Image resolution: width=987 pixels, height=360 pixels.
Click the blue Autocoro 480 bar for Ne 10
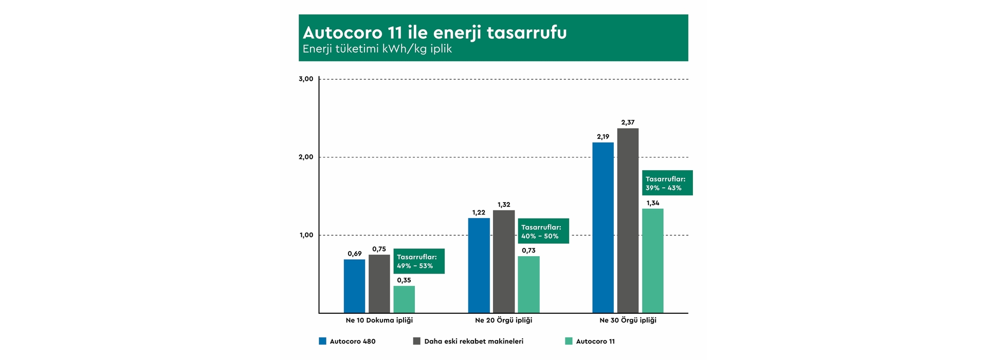tap(354, 286)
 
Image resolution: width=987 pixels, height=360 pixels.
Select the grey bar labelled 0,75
tap(379, 283)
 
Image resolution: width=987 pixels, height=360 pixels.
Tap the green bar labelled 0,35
tap(404, 299)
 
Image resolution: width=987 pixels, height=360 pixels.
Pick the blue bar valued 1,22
tap(479, 265)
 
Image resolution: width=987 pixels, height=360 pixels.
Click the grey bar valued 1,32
tap(504, 261)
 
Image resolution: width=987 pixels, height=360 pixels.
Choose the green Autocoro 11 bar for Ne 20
tap(528, 284)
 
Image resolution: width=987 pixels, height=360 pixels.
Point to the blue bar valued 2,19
tap(603, 227)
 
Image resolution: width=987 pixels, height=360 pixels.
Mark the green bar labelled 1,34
tap(652, 261)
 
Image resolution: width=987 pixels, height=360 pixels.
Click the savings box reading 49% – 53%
tap(419, 261)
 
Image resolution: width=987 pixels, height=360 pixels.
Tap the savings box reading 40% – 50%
tap(543, 231)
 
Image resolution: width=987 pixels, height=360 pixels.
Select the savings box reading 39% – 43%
tap(668, 183)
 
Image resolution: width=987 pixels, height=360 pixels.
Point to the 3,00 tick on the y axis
tap(306, 79)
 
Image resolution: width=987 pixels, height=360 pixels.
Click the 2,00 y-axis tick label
tap(306, 157)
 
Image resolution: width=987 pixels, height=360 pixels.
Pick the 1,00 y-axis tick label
tap(306, 236)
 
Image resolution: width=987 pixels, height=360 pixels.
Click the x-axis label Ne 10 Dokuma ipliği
tap(379, 320)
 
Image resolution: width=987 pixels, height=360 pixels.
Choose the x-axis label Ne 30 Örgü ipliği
tap(628, 320)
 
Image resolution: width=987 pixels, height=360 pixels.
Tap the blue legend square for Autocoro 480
tap(323, 341)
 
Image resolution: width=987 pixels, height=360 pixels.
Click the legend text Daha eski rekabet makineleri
tap(473, 341)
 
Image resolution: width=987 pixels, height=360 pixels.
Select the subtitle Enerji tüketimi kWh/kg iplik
tap(377, 49)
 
